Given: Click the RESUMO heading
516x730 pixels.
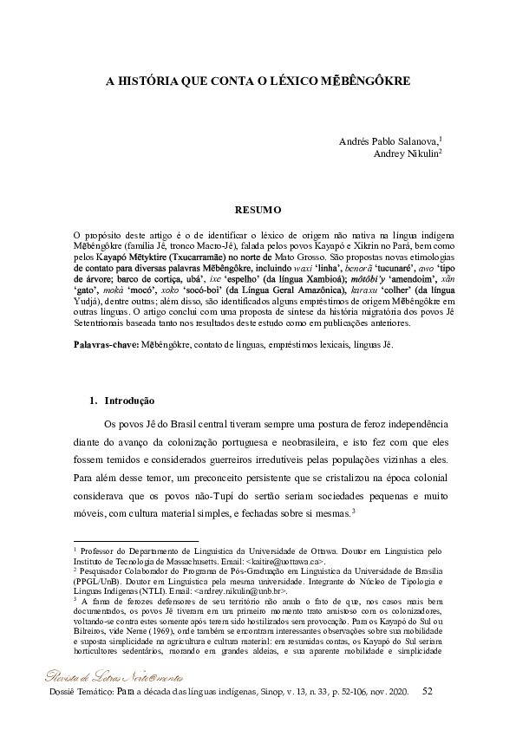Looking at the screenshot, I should pos(258,209).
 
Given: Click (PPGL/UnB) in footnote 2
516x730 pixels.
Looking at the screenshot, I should pos(95,580).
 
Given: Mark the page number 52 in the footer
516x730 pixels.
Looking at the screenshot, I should pos(427,690).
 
